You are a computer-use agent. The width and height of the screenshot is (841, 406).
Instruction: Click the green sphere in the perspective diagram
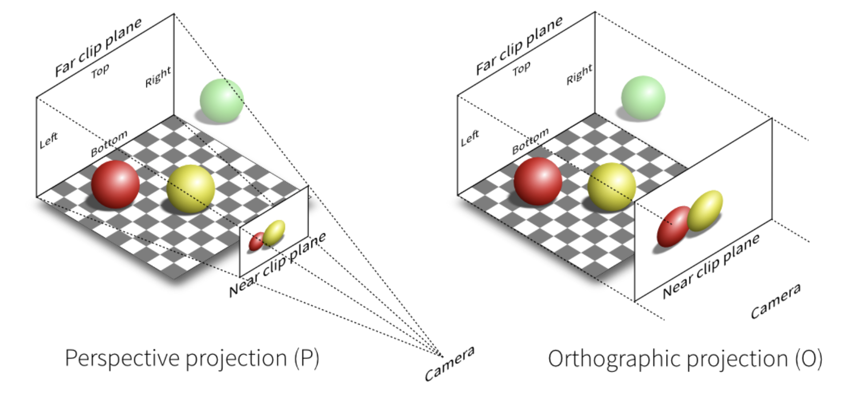tap(221, 100)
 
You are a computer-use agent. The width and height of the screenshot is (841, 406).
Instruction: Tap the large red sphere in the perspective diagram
tap(115, 184)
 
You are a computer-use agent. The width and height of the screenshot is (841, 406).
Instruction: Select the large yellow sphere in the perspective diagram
tap(191, 188)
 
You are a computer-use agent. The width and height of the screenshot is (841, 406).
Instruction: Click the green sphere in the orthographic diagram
tap(643, 98)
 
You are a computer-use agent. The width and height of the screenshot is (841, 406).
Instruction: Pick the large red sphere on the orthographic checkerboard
tap(538, 181)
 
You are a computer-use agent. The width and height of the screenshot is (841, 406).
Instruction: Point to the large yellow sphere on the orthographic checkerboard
tap(612, 186)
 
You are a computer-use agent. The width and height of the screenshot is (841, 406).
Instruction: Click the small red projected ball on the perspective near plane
tap(256, 242)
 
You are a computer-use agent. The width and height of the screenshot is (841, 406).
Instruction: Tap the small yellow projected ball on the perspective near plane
tap(274, 232)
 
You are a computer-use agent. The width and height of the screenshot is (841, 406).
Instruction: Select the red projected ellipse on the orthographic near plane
tap(673, 226)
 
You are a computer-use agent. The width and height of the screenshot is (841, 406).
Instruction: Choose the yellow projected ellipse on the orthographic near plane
tap(705, 211)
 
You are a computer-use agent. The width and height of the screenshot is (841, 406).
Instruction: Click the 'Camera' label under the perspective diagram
tap(449, 363)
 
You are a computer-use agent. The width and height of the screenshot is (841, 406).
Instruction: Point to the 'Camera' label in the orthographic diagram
tap(775, 301)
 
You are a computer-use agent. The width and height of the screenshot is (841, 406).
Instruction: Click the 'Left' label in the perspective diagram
tap(49, 140)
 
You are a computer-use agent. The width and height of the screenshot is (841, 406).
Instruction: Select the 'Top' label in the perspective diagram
tap(100, 70)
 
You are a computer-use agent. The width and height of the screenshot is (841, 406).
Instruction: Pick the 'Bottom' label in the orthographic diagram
tap(530, 141)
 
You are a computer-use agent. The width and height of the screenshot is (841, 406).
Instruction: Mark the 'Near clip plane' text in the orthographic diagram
tap(711, 266)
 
